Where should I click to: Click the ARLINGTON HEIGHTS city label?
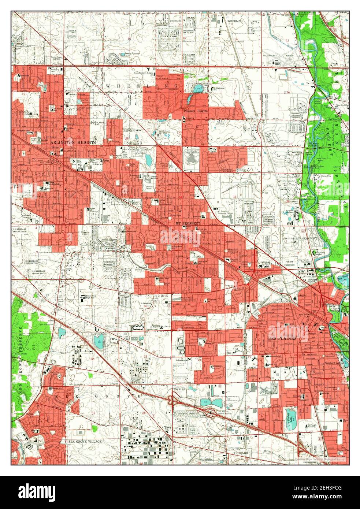point(73,142)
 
